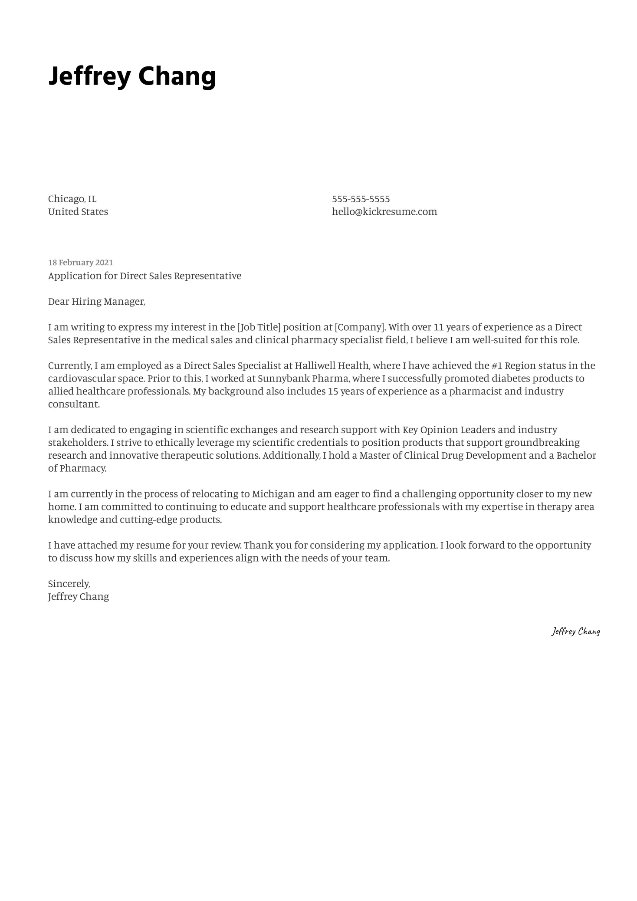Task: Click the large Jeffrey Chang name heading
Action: tap(132, 76)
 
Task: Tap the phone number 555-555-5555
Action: tap(361, 199)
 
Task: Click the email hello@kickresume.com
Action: tap(384, 212)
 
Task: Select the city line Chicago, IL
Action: tap(72, 199)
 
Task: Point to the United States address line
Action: tap(78, 212)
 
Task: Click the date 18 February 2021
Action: tap(80, 263)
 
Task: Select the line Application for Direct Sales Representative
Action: tap(144, 276)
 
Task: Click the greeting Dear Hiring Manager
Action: tap(96, 302)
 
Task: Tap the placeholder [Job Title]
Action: tap(259, 327)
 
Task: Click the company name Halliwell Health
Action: tap(332, 365)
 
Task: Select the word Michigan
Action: tap(273, 494)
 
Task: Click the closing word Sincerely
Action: tap(69, 584)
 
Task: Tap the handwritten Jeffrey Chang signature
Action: tap(575, 631)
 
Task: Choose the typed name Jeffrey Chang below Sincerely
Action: tap(79, 597)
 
